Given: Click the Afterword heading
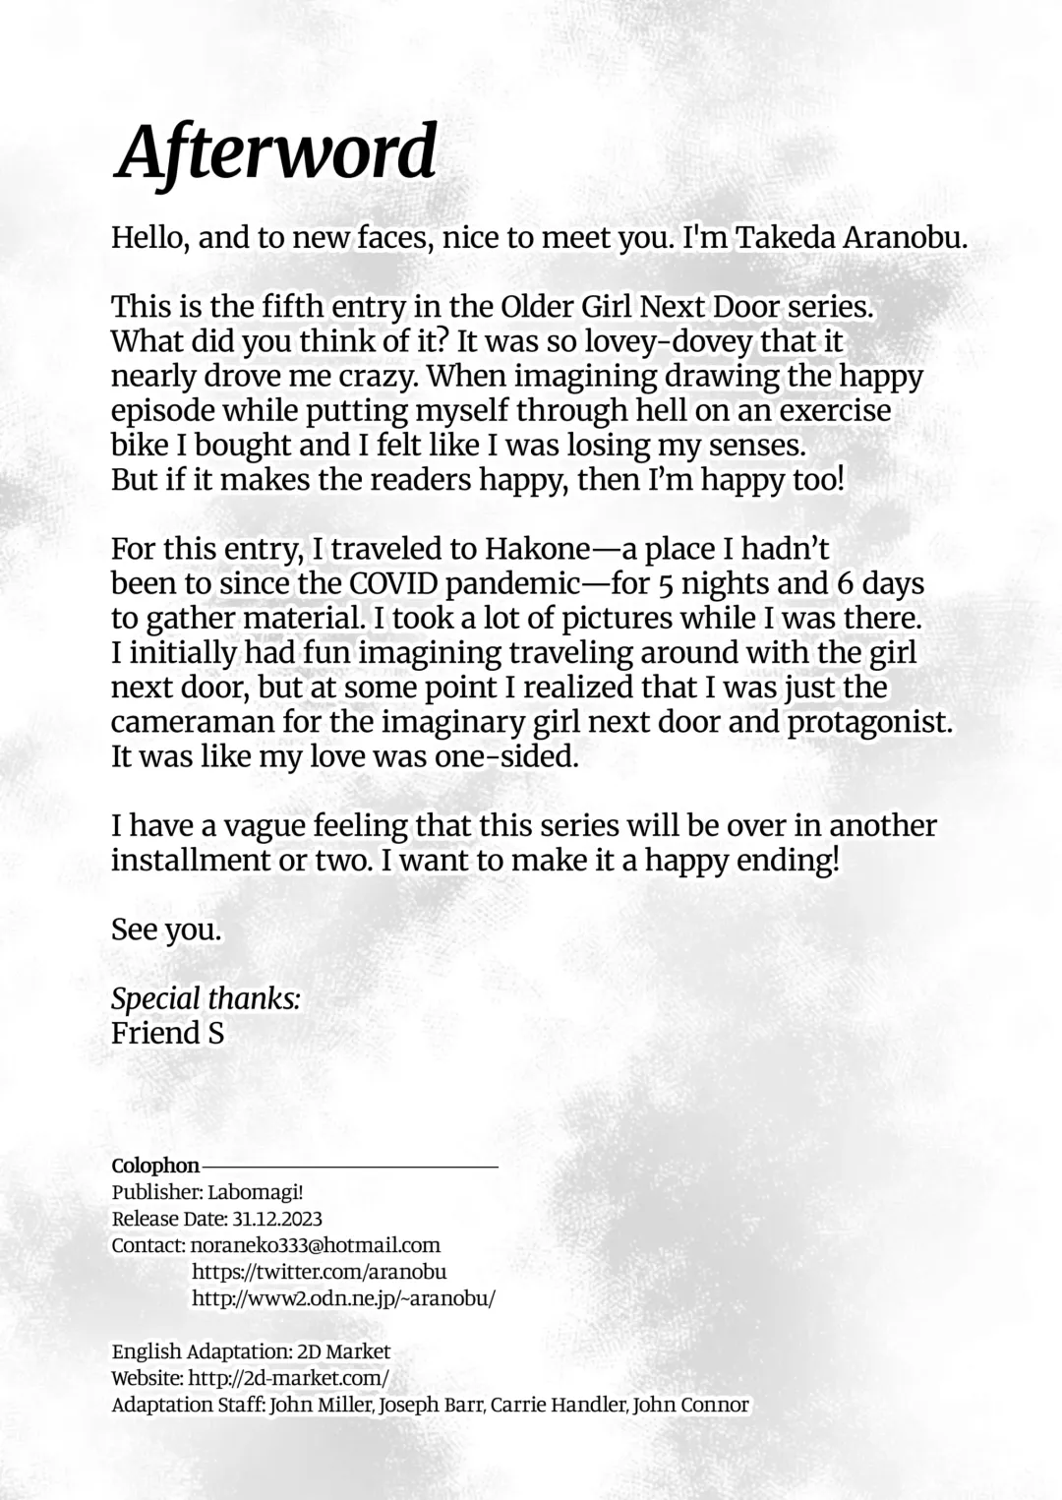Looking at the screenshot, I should click(x=274, y=151).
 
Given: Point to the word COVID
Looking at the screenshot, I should click(x=393, y=583).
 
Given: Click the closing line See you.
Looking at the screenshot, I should click(x=166, y=929).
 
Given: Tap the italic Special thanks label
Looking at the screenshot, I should click(x=206, y=998).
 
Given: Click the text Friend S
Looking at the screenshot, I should click(x=167, y=1033).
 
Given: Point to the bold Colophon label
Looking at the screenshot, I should click(x=155, y=1166).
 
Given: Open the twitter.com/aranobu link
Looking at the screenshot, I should click(x=319, y=1272).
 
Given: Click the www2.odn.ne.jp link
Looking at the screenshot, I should click(x=343, y=1298).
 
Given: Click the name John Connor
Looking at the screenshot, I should click(x=691, y=1405).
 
